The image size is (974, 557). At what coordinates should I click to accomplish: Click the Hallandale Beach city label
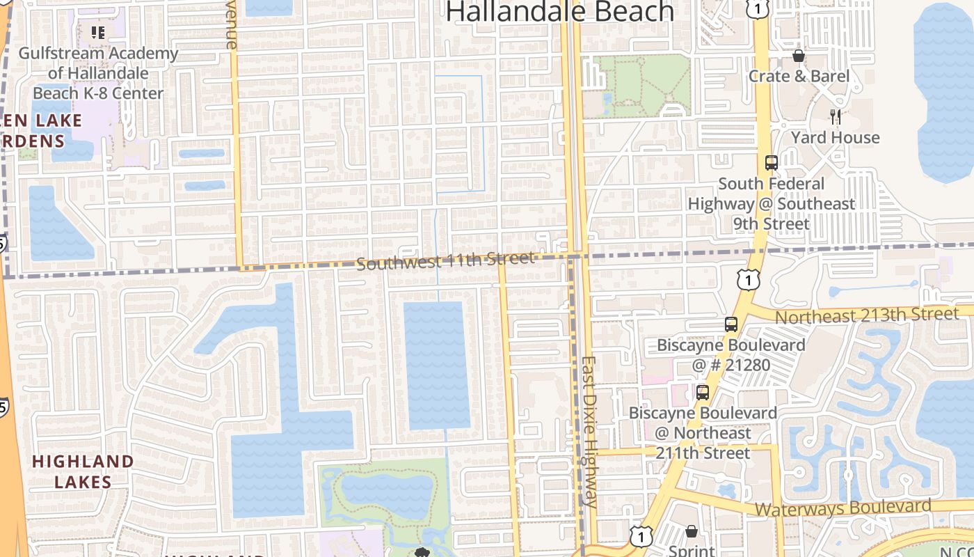[560, 12]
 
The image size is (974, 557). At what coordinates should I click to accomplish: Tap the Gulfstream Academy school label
[98, 73]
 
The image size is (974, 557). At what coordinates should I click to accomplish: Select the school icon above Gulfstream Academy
[98, 32]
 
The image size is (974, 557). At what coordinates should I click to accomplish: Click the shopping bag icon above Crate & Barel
[799, 55]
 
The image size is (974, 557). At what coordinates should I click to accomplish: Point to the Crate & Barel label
[799, 76]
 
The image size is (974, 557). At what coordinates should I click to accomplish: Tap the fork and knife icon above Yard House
[836, 116]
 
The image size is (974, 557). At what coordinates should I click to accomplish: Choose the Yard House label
[835, 137]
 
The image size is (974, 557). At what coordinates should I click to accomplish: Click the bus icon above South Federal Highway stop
[771, 163]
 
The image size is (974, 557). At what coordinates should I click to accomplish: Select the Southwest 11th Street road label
[445, 261]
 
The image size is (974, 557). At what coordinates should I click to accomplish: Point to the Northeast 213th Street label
[866, 315]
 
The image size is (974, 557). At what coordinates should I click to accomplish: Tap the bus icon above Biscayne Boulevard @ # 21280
[730, 324]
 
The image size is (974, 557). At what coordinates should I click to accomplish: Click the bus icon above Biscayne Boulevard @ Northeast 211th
[703, 392]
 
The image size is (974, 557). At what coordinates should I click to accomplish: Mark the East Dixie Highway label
[589, 432]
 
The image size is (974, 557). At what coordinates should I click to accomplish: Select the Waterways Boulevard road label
[843, 508]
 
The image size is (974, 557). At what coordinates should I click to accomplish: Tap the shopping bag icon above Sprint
[691, 531]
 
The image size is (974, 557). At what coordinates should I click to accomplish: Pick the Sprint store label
[691, 550]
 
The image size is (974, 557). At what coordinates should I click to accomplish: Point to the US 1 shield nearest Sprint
[640, 535]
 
